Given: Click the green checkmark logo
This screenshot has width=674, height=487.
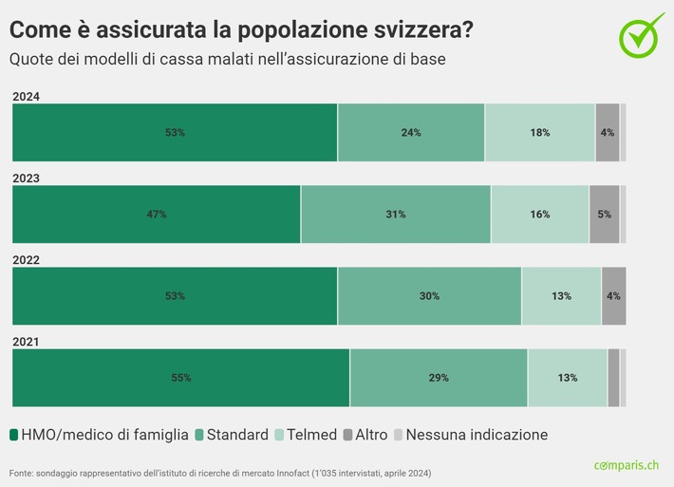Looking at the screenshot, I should pyautogui.click(x=643, y=34).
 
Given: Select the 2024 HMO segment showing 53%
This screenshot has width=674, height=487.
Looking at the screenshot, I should pyautogui.click(x=175, y=133).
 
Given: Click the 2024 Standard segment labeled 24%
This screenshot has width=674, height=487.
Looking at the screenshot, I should pyautogui.click(x=411, y=133).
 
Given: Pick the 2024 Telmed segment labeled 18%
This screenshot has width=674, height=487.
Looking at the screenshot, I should pyautogui.click(x=540, y=133).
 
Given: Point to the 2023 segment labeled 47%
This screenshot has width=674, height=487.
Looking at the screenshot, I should pyautogui.click(x=157, y=215).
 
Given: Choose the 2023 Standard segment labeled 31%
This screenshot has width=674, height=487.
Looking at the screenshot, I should pyautogui.click(x=396, y=215).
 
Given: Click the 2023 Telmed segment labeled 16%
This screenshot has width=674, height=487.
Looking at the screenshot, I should pyautogui.click(x=540, y=215).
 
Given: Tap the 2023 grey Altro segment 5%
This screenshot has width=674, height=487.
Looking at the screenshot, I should pyautogui.click(x=605, y=215).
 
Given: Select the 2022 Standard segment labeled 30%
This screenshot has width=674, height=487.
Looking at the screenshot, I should pyautogui.click(x=429, y=296).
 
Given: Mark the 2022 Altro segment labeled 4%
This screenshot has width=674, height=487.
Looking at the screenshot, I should pyautogui.click(x=613, y=296).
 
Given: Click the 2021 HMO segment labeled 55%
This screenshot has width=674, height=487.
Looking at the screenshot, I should pyautogui.click(x=180, y=378).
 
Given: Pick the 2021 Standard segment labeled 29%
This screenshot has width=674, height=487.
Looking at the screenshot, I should pyautogui.click(x=439, y=378).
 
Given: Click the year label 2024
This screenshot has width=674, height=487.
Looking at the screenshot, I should pyautogui.click(x=26, y=96).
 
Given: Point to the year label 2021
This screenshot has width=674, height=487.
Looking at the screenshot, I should pyautogui.click(x=26, y=342).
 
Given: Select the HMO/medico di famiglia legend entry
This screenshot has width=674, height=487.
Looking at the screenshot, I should pyautogui.click(x=99, y=435).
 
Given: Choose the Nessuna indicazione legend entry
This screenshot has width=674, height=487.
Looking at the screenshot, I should pyautogui.click(x=470, y=435).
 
